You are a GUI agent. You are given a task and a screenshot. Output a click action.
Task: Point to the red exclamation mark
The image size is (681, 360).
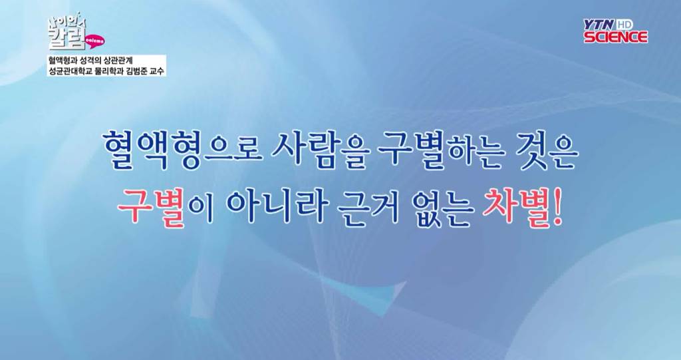[557, 207]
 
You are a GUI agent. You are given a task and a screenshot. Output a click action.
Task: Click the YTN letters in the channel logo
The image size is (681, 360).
[601, 25]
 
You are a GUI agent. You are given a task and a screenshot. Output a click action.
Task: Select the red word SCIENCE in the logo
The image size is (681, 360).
[616, 37]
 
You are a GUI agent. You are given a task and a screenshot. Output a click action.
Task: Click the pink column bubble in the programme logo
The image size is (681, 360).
[94, 40]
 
